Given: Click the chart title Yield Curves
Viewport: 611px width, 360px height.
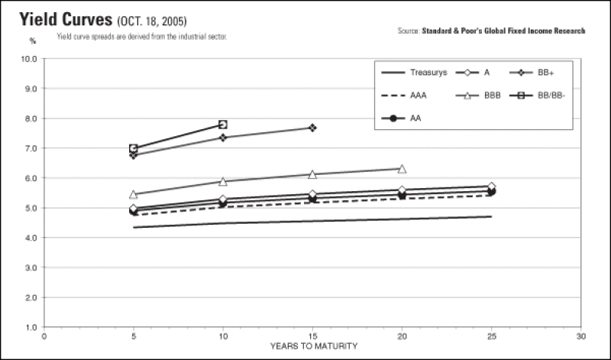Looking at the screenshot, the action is [66, 20].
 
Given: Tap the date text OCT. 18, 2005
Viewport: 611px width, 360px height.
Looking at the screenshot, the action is [151, 21].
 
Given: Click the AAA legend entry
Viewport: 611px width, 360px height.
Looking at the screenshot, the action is [404, 96].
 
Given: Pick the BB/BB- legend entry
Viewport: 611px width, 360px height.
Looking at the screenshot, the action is [537, 96].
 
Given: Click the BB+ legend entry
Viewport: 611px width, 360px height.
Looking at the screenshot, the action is [532, 73].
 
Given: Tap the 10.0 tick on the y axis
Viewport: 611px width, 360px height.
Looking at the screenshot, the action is [29, 59].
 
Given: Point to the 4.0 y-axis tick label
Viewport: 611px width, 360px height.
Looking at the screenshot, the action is [31, 238].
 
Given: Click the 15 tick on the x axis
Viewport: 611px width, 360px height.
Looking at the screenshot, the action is [312, 336].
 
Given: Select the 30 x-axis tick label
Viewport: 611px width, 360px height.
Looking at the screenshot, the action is [581, 336].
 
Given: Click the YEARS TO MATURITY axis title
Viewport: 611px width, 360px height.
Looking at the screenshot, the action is [314, 346].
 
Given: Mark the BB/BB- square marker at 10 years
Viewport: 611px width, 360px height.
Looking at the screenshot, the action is [223, 125].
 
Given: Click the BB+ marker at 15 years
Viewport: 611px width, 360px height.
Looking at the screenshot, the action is [312, 128].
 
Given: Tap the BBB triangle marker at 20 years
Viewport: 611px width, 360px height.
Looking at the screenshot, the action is [402, 169].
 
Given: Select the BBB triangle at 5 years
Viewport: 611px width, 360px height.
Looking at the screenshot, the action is [133, 194].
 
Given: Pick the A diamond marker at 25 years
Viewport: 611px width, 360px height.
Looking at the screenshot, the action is [492, 186].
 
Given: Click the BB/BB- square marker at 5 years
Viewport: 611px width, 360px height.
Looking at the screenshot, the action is [133, 148].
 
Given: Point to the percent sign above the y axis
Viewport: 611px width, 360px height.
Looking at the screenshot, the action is [33, 41].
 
